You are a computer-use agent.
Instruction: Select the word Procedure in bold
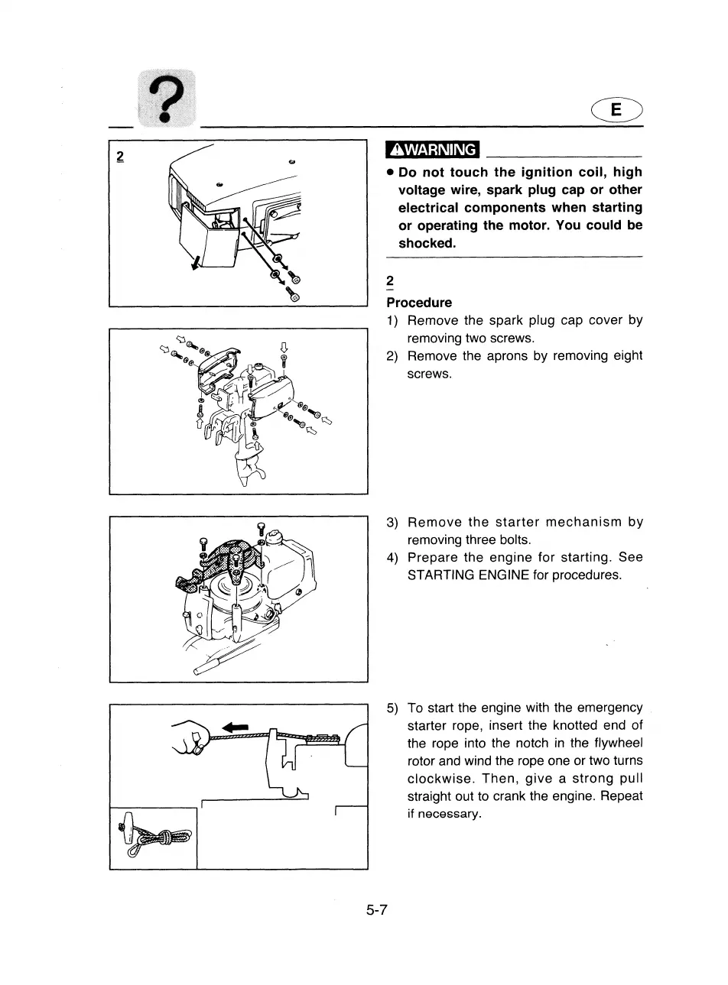pos(419,303)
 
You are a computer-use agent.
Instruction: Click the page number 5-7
pos(378,910)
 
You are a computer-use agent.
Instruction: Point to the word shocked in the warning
pos(427,244)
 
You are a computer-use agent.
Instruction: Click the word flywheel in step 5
pos(615,744)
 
